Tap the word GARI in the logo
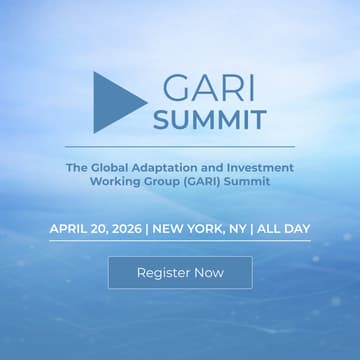point(210,87)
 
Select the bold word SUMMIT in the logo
point(210,120)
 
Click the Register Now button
point(180,272)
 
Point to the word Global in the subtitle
point(114,167)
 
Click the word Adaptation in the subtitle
point(175,167)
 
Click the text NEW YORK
point(187,229)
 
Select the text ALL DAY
point(284,229)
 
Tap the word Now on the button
point(209,272)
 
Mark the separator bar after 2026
point(147,229)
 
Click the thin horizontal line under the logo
point(180,146)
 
